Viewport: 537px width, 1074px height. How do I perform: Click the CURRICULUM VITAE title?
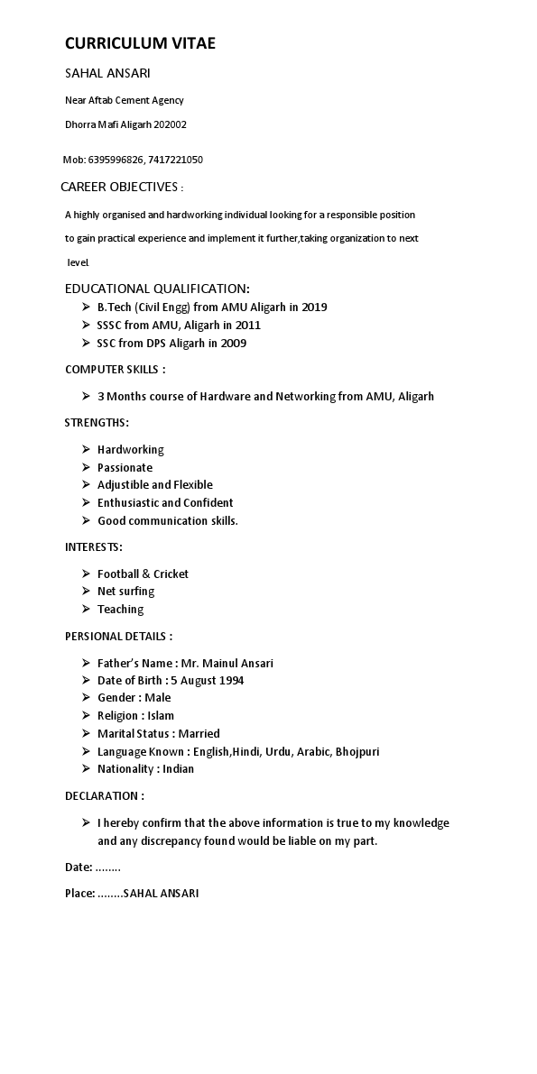coord(140,43)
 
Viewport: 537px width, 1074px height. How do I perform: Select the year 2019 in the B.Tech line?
coord(314,308)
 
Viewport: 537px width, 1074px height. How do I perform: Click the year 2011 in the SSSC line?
coord(247,326)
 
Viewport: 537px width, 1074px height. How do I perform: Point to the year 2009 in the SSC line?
coord(233,344)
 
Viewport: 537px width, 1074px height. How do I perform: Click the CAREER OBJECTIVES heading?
coord(119,187)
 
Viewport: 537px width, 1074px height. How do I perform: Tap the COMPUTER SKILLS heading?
coord(115,370)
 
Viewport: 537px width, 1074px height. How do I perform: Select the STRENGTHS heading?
coord(97,423)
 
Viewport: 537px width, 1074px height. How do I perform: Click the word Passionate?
coord(125,467)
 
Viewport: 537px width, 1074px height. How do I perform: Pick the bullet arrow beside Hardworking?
coord(86,449)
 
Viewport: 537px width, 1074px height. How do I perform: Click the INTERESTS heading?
coord(94,546)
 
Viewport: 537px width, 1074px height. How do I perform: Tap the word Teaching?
coord(120,610)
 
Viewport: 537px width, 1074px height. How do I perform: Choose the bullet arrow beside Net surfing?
coord(86,592)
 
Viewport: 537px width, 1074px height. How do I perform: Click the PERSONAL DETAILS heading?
coord(118,637)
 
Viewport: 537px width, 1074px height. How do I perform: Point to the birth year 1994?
coord(229,681)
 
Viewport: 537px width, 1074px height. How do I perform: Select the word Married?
coord(199,734)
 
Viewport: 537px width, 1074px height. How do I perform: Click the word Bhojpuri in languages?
coord(357,751)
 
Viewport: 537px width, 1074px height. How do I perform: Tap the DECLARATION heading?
coord(104,796)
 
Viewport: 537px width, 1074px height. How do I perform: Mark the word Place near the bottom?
coord(79,894)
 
